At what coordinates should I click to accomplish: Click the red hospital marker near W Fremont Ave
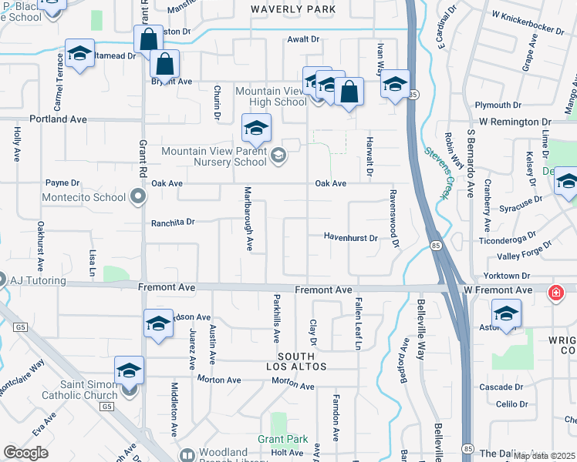(554, 293)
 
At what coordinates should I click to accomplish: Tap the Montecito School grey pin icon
(138, 198)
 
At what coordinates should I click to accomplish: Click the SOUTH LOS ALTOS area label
(296, 361)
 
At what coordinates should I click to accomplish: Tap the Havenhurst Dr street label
(350, 238)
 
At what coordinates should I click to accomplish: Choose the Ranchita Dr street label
(174, 221)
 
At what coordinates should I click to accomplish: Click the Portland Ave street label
(58, 120)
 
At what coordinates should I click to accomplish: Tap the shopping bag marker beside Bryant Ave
(164, 64)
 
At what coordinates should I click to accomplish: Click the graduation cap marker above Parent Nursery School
(257, 126)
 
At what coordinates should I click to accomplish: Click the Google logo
(25, 453)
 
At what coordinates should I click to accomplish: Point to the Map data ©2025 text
(544, 456)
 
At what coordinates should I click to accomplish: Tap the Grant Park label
(283, 440)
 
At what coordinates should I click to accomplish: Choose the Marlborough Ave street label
(248, 218)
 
